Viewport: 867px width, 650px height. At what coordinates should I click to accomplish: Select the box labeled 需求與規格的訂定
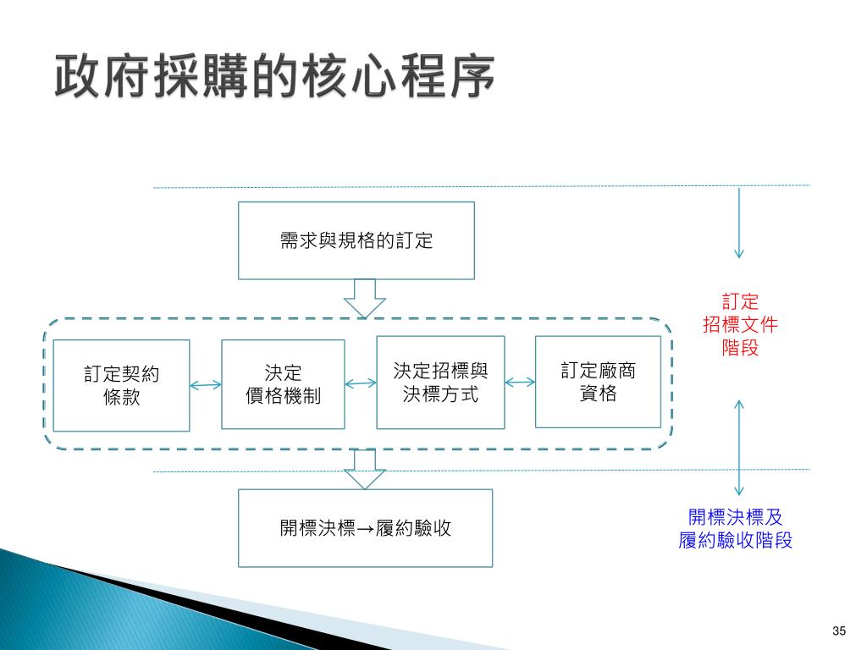(356, 240)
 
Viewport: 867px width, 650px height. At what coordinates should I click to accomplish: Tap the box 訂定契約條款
(121, 385)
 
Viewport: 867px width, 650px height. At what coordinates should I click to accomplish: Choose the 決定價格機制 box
(283, 384)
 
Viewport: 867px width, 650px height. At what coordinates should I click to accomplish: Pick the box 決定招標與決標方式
(440, 382)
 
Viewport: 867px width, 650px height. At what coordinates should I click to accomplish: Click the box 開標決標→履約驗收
(365, 528)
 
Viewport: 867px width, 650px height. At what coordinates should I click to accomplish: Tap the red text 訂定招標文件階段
(740, 324)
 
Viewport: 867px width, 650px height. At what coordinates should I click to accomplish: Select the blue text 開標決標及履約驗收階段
(736, 529)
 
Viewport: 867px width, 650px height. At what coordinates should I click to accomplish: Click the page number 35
(840, 631)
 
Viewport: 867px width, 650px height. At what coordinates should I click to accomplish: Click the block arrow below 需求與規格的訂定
(365, 298)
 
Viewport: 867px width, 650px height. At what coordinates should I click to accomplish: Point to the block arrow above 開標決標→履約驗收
(365, 469)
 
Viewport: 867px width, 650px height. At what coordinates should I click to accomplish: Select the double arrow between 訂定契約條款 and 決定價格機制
(206, 386)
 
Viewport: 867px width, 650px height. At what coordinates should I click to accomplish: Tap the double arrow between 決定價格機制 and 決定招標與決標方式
(361, 383)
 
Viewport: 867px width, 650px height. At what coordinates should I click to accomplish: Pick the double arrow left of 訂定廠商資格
(520, 382)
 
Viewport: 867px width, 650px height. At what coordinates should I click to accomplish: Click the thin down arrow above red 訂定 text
(739, 222)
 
